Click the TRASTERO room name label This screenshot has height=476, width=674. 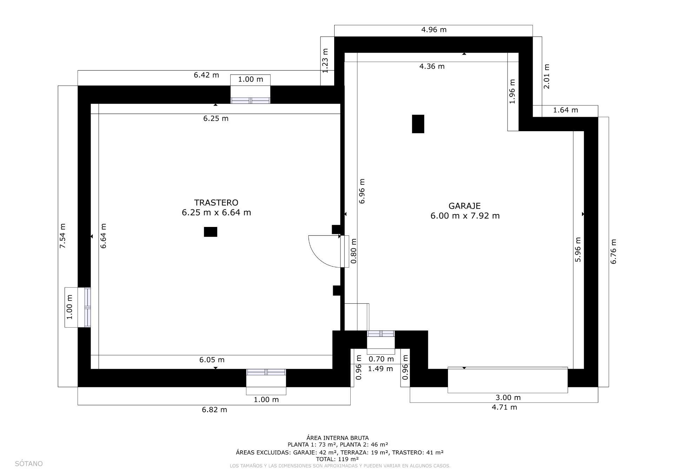(216, 202)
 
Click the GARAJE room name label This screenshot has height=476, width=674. (464, 206)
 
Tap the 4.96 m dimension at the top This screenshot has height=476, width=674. (434, 30)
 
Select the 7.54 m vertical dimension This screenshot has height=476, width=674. (62, 236)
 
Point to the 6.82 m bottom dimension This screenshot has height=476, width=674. (214, 410)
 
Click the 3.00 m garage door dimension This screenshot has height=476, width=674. (508, 397)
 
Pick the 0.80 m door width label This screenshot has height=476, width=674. (353, 251)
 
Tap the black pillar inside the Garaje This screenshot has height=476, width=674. (418, 124)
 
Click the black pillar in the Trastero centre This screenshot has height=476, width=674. (210, 232)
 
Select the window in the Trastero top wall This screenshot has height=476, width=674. (250, 101)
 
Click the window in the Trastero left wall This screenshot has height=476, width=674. (87, 307)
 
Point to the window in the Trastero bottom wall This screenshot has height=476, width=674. (266, 372)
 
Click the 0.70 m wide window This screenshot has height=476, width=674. (381, 334)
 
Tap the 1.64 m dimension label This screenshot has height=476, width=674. (565, 110)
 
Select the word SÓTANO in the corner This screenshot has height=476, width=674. (29, 464)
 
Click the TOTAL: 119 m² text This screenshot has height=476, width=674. (337, 459)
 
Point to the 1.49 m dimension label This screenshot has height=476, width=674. (380, 369)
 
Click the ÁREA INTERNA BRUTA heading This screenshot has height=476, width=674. (337, 438)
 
